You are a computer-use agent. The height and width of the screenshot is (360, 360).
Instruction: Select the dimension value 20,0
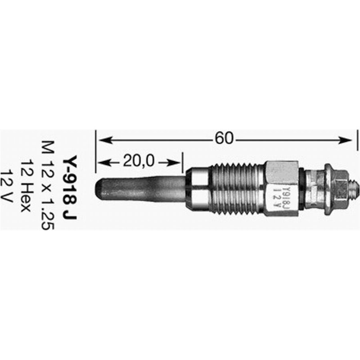coord(138,161)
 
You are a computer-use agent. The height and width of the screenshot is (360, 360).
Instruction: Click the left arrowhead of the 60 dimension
coord(102,139)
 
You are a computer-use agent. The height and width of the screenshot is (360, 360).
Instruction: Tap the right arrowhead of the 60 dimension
coord(348,139)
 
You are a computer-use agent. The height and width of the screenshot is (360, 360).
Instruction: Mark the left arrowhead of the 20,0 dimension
coord(102,161)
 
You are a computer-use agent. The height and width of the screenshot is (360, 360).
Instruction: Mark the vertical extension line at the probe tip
coord(96,153)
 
